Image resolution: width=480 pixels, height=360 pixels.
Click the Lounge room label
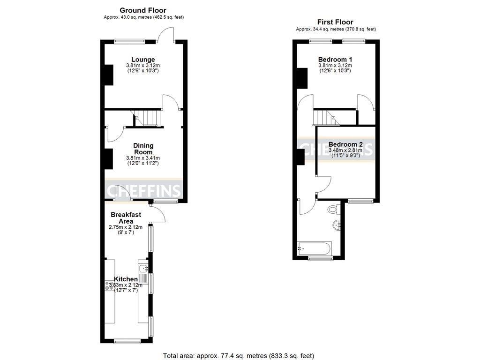point(143,60)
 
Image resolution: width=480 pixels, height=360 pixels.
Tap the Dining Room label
point(143,149)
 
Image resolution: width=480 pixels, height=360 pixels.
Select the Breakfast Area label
point(126,217)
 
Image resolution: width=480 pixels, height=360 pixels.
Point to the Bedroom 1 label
point(335,60)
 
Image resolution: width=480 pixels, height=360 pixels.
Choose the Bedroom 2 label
point(345,144)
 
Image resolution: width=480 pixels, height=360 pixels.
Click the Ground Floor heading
point(143,10)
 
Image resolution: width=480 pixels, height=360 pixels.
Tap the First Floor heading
point(335,22)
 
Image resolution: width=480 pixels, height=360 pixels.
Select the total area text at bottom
point(238,356)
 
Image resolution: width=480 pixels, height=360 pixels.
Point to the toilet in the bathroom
point(335,209)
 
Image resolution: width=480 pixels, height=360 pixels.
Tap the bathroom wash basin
point(337,226)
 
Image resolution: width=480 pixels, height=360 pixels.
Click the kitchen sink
point(144,269)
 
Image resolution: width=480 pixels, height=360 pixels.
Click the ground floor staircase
point(148,118)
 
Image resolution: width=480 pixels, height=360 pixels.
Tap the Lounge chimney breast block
point(108,75)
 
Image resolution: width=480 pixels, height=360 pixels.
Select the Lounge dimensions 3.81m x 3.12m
point(143,66)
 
